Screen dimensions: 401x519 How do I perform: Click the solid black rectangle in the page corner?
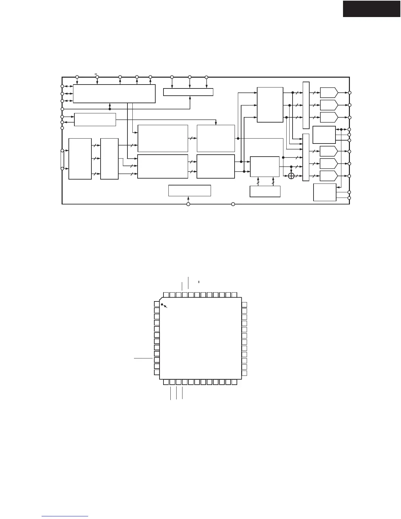coord(372,9)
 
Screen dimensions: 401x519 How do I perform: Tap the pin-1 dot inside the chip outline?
coord(162,305)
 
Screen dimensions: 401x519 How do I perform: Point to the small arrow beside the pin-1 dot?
coord(166,307)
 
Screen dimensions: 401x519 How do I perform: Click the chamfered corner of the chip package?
coord(161,299)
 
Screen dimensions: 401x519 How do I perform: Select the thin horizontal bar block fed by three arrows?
coord(188,92)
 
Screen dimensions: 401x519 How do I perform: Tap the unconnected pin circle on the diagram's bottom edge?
coord(233,204)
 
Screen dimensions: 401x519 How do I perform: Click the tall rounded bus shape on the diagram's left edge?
coord(62,159)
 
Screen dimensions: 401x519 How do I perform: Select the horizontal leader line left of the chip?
coord(143,359)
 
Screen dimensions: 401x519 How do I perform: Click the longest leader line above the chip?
coord(188,283)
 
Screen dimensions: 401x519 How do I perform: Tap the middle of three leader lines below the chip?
coord(176,393)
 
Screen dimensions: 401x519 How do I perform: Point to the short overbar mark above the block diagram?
coord(96,74)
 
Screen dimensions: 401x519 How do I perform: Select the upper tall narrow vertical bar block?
coord(306,105)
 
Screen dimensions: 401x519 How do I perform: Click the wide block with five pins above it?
coord(114,94)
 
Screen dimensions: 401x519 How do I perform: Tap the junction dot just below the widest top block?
coord(110,109)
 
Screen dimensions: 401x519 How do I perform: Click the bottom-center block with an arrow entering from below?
coord(189,190)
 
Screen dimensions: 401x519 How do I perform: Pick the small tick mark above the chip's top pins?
coord(199,281)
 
